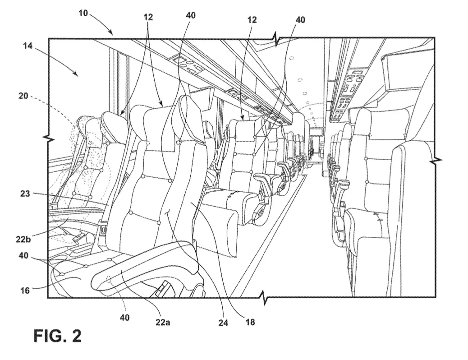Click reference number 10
tap(83, 13)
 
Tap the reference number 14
tap(28, 46)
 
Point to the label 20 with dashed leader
tap(23, 96)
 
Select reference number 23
tap(25, 194)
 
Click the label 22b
tap(23, 239)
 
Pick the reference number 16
tap(25, 290)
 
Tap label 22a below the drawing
tap(163, 323)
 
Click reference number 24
tap(223, 323)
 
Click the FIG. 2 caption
tap(57, 336)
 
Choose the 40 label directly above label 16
tap(23, 256)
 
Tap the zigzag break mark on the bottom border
tap(264, 297)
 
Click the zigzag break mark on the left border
tap(48, 138)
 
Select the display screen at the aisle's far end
tap(316, 131)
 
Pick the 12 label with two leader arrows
tap(148, 17)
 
